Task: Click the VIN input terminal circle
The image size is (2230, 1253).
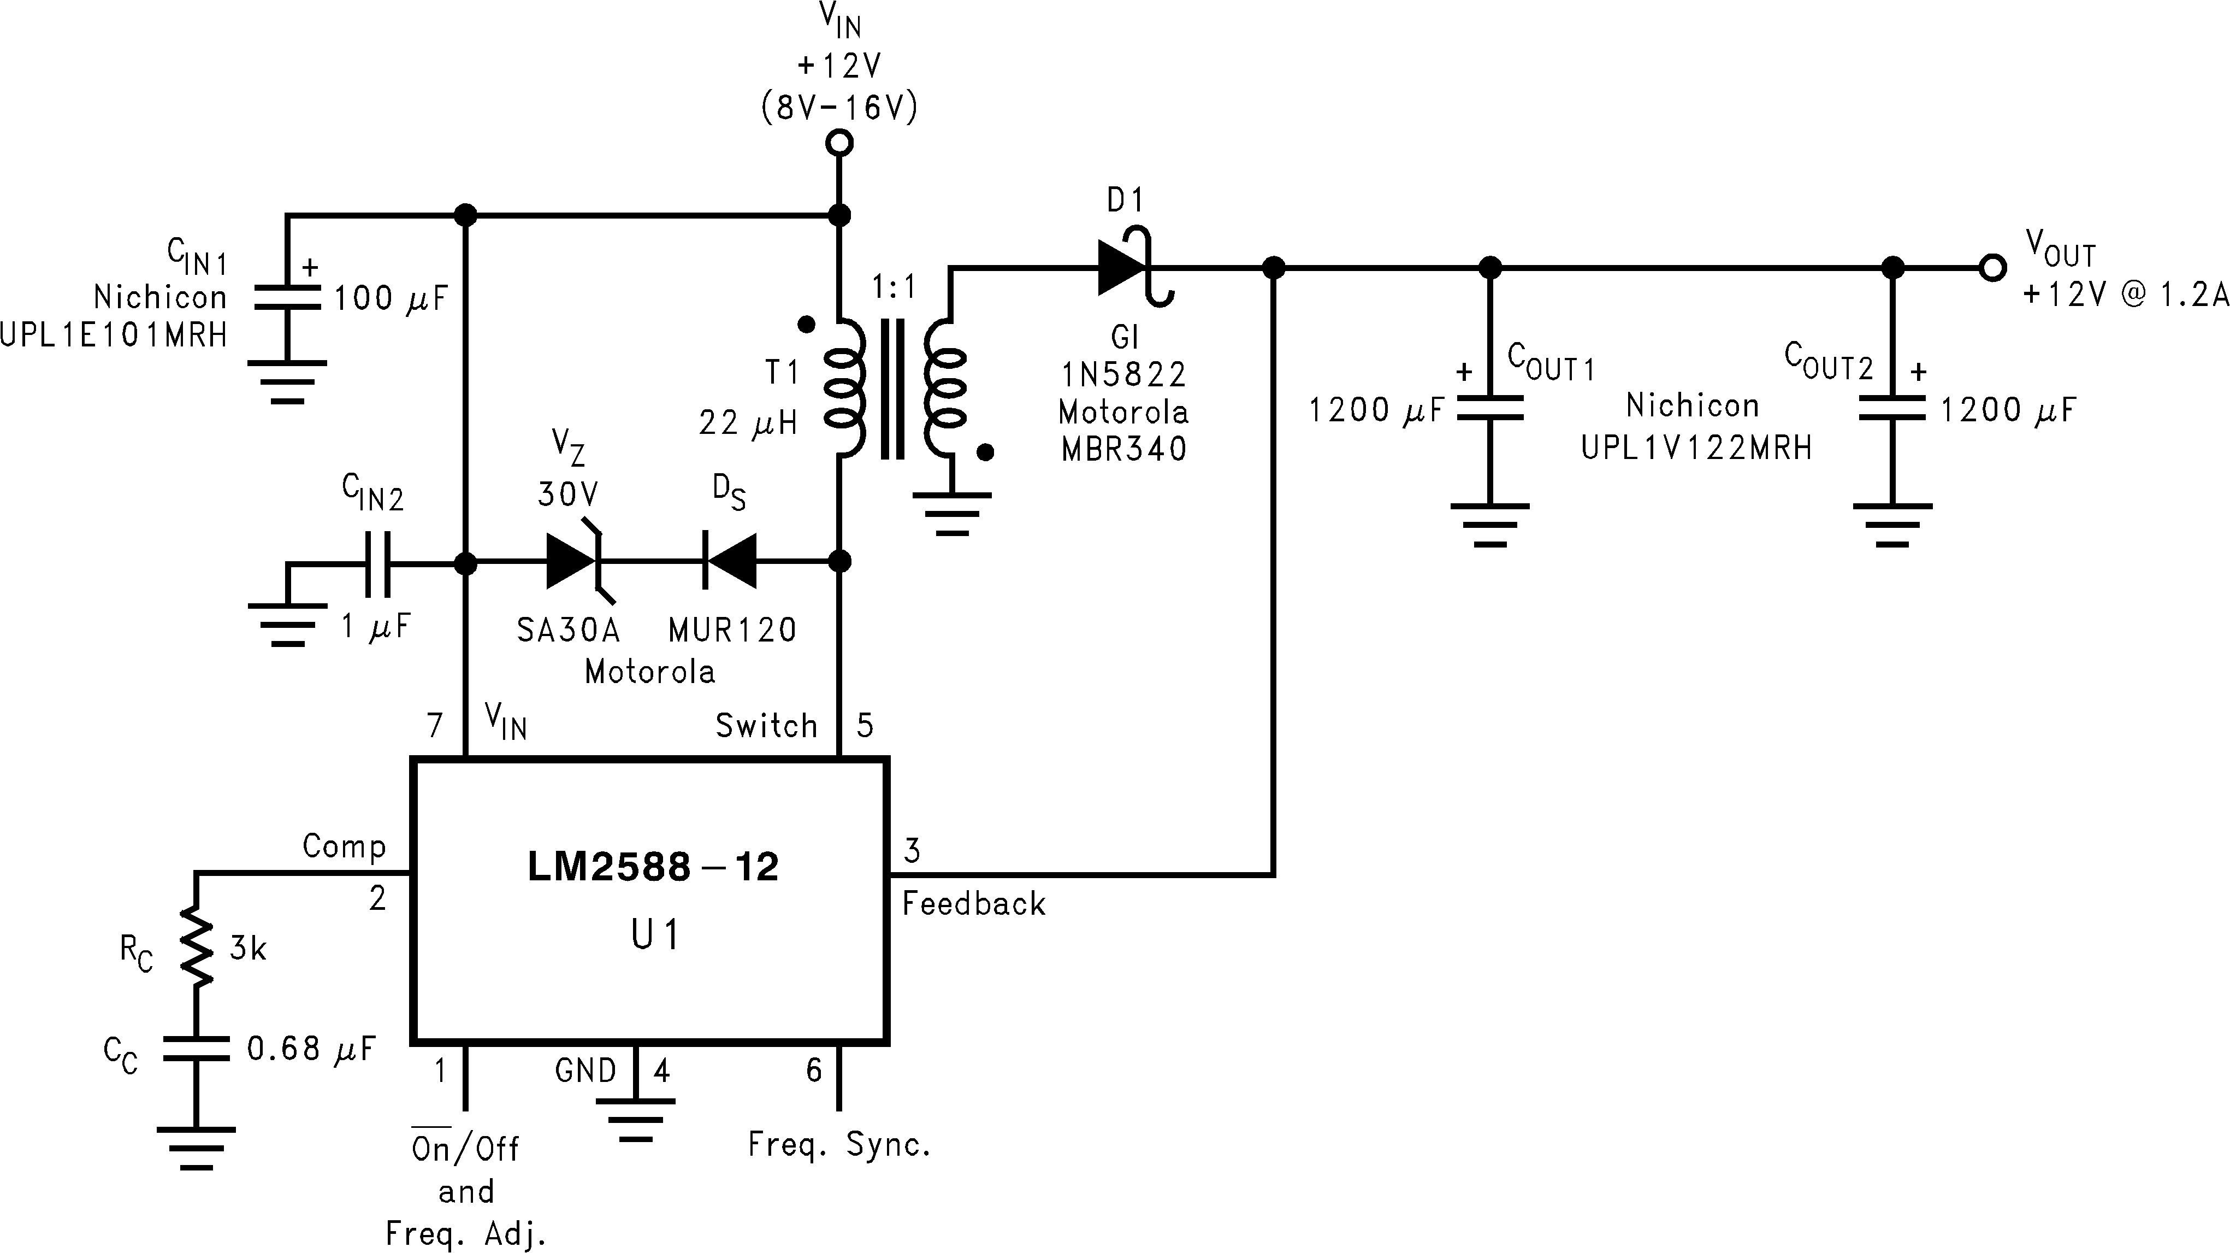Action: pos(839,143)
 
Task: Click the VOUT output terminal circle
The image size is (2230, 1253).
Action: pos(1992,268)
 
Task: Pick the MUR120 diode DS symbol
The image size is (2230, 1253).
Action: pos(730,562)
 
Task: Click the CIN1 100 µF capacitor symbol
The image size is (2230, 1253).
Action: pos(287,298)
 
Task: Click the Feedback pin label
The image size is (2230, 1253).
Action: pos(973,904)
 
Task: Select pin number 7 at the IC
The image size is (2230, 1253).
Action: pos(435,725)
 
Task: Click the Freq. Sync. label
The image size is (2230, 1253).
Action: pos(839,1145)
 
